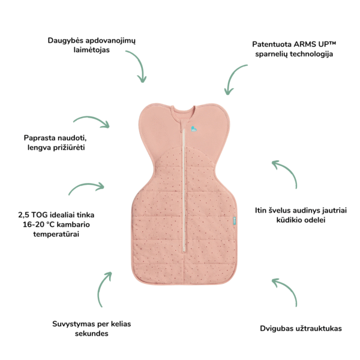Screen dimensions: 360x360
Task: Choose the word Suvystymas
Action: pyautogui.click(x=74, y=323)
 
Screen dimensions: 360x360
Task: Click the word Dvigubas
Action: pyautogui.click(x=278, y=328)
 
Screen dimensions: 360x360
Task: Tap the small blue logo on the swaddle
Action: pyautogui.click(x=193, y=128)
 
